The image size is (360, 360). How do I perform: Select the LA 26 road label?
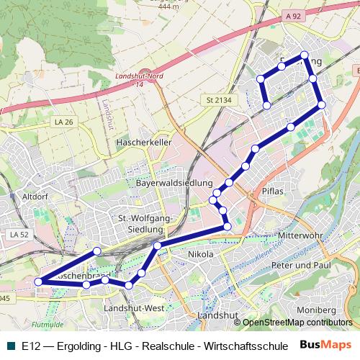tap(63, 122)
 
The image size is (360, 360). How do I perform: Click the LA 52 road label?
tap(19, 235)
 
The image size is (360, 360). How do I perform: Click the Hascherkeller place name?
tap(143, 143)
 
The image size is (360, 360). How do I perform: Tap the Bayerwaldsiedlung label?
tap(174, 183)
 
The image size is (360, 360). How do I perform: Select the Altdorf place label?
tap(35, 196)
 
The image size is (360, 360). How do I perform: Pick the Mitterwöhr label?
tap(301, 235)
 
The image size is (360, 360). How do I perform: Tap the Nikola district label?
tap(200, 254)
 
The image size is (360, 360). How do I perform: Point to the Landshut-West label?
tap(134, 308)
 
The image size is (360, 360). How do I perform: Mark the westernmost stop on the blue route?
tap(40, 281)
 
